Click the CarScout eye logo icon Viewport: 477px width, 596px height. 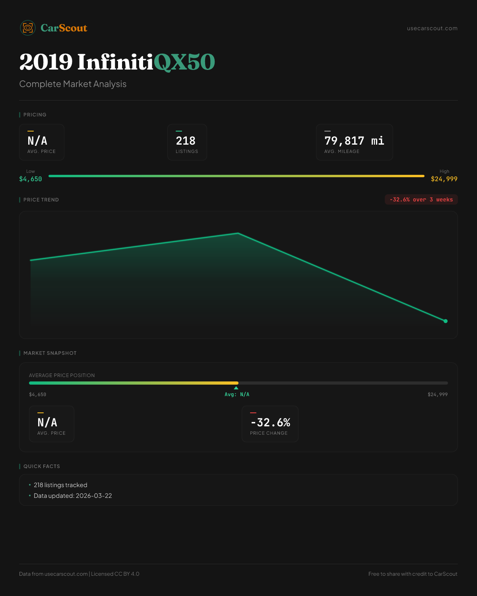pos(28,28)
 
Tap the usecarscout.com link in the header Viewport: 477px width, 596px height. pos(432,29)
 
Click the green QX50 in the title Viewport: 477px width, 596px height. pos(184,62)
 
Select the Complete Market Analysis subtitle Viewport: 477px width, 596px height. pos(73,84)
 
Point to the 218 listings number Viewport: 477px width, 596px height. pos(186,141)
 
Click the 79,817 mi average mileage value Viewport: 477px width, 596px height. pos(354,141)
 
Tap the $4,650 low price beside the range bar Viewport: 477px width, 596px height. pos(31,179)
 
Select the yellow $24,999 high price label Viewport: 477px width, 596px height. pos(444,179)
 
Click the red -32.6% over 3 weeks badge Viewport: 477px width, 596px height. pos(421,199)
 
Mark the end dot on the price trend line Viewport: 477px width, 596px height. pos(446,321)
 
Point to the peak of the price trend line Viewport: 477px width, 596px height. pos(238,233)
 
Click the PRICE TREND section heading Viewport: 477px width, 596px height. pos(41,200)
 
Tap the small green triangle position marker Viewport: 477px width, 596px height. pos(236,388)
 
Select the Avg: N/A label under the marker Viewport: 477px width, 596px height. pos(237,395)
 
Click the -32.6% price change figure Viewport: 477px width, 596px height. pos(270,422)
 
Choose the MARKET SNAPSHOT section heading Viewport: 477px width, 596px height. pos(50,353)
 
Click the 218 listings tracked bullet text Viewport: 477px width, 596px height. pos(60,485)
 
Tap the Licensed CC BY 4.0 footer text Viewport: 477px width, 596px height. pos(115,574)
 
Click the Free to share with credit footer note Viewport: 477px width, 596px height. pos(413,574)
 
